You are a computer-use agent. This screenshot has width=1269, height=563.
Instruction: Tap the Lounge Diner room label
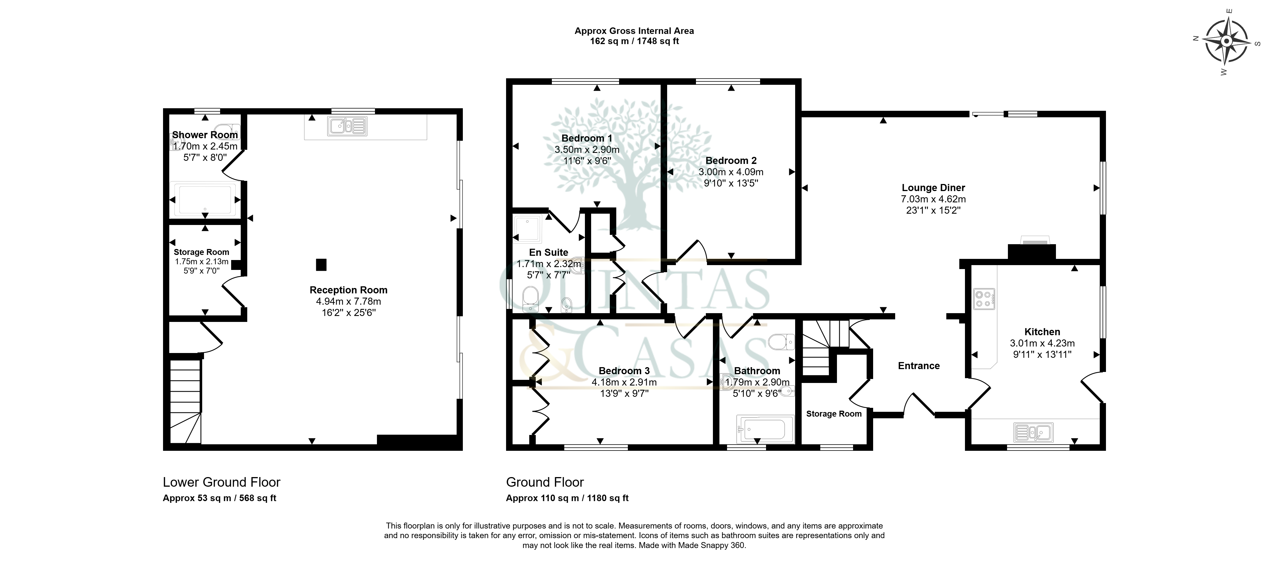point(933,188)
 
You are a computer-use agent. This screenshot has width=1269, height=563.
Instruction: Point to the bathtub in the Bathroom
point(765,428)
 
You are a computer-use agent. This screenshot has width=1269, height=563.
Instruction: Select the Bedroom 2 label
point(731,161)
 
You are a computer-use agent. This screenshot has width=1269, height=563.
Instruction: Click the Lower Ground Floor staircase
point(185,401)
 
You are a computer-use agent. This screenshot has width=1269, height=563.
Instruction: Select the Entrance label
point(919,365)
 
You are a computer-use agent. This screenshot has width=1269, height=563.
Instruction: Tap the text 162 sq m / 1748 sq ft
point(635,41)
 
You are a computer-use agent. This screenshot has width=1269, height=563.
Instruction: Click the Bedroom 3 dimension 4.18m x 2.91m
point(624,382)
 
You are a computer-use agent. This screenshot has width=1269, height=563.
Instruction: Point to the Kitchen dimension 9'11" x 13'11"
point(1042,354)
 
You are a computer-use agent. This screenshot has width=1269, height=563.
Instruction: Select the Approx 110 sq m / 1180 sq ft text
point(567,498)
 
